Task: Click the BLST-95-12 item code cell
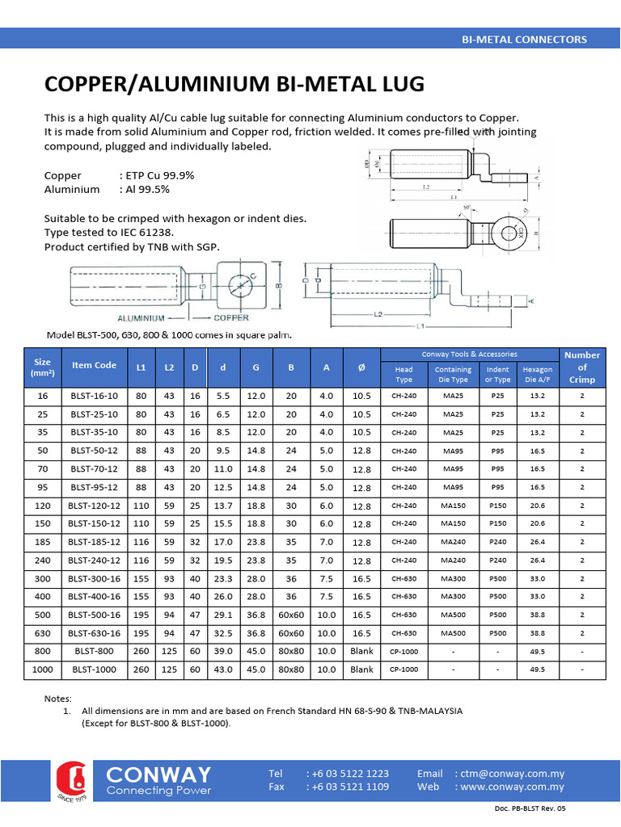coord(94,487)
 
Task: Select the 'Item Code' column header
coord(94,365)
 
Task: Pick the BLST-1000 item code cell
coord(94,670)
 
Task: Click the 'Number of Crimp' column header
coord(581,367)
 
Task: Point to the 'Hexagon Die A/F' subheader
coord(538,374)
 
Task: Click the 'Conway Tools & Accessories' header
coord(469,355)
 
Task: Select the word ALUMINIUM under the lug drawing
coord(148,318)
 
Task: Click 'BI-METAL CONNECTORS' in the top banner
coord(523,39)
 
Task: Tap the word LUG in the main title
coord(395,85)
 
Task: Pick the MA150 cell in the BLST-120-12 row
coord(453,506)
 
